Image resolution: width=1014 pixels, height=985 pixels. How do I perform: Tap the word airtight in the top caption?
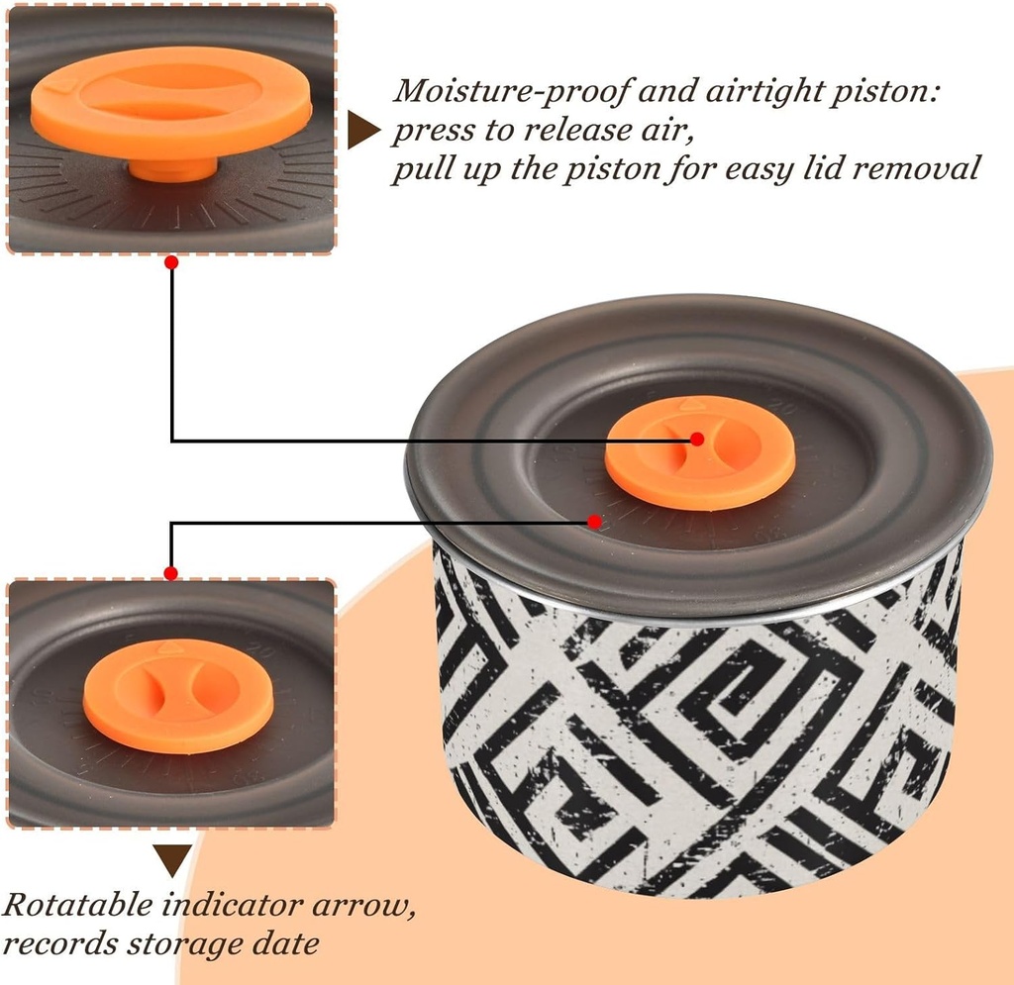coord(761,90)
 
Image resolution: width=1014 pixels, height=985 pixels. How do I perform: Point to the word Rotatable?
coord(77,904)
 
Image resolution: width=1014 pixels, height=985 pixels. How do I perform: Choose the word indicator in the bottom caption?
coord(232,904)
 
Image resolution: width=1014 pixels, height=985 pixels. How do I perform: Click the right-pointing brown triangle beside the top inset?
coord(363,130)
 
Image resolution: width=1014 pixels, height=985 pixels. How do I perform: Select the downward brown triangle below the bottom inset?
coord(172,860)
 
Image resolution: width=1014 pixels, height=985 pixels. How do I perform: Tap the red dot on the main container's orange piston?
coord(697,439)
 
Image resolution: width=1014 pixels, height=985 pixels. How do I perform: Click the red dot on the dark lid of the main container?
coord(594,521)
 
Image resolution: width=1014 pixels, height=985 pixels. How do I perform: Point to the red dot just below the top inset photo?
coord(171,263)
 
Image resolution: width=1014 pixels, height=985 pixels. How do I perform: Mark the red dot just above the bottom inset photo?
coord(170,573)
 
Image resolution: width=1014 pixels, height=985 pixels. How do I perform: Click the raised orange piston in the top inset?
coord(172,103)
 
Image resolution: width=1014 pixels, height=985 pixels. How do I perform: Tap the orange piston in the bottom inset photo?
coord(178,696)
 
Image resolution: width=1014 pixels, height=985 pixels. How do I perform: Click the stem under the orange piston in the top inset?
coord(172,169)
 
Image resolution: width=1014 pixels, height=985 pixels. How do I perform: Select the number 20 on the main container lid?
coord(784,408)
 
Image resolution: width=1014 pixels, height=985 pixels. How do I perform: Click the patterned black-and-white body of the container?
coord(698,731)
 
